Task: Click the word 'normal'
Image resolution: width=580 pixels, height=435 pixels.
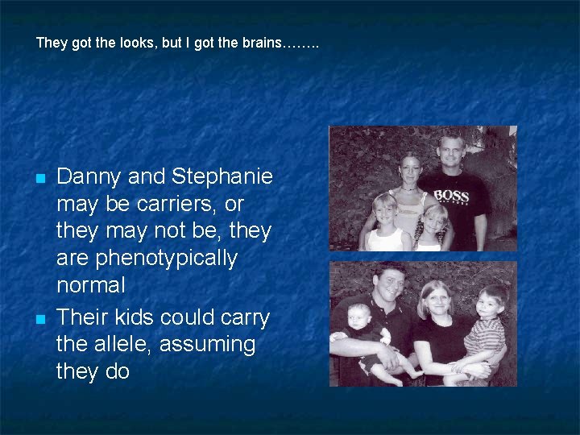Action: (x=91, y=285)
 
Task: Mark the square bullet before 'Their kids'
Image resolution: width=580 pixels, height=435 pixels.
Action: (x=39, y=319)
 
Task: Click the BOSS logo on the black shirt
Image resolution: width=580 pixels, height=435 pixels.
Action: (x=451, y=196)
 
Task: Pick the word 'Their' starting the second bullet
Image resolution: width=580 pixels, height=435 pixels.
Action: (x=79, y=317)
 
